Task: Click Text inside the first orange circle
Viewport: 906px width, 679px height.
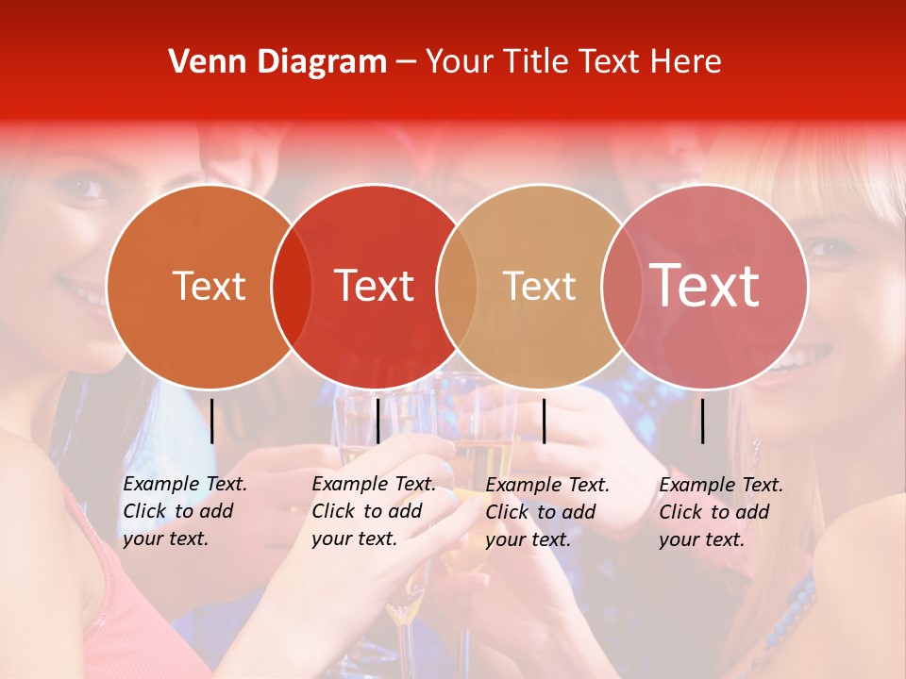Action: (x=209, y=286)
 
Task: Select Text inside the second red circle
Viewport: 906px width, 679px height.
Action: (x=375, y=286)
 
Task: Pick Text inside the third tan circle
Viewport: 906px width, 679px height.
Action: (x=539, y=286)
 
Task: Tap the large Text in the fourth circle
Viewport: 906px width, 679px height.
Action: (x=705, y=286)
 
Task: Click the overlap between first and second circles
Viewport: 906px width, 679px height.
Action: (x=292, y=286)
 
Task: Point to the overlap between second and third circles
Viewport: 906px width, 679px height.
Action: (x=457, y=286)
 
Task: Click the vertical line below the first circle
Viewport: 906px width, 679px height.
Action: (x=212, y=421)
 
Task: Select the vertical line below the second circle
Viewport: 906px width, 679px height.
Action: (x=377, y=421)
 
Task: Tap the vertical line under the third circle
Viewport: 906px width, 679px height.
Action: (x=544, y=421)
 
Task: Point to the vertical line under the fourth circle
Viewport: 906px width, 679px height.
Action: (x=702, y=421)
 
